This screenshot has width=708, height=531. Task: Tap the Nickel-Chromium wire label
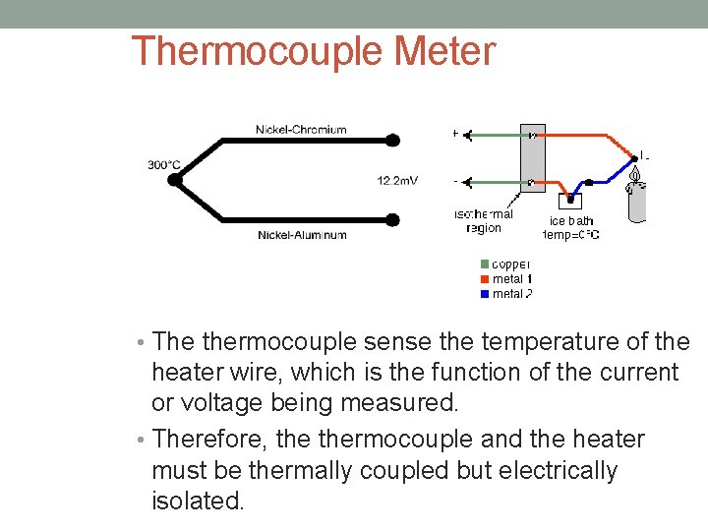pyautogui.click(x=301, y=129)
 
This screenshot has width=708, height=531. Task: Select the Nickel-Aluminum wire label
pyautogui.click(x=302, y=234)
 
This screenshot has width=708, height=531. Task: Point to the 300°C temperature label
pyautogui.click(x=164, y=164)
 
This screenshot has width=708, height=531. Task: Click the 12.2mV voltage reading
pyautogui.click(x=397, y=180)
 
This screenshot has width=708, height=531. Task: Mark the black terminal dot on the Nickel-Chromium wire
pyautogui.click(x=392, y=141)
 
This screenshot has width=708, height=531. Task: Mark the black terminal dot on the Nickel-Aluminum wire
pyautogui.click(x=392, y=219)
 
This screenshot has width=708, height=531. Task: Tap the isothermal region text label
pyautogui.click(x=484, y=221)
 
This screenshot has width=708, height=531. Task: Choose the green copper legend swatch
pyautogui.click(x=485, y=264)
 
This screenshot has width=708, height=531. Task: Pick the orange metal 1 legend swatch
pyautogui.click(x=485, y=279)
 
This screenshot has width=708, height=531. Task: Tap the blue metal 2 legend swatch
pyautogui.click(x=485, y=294)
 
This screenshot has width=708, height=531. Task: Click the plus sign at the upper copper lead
pyautogui.click(x=454, y=133)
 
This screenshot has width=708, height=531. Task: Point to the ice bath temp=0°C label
pyautogui.click(x=571, y=228)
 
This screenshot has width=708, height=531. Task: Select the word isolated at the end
pyautogui.click(x=197, y=501)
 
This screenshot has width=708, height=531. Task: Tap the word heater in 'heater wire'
pyautogui.click(x=184, y=373)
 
